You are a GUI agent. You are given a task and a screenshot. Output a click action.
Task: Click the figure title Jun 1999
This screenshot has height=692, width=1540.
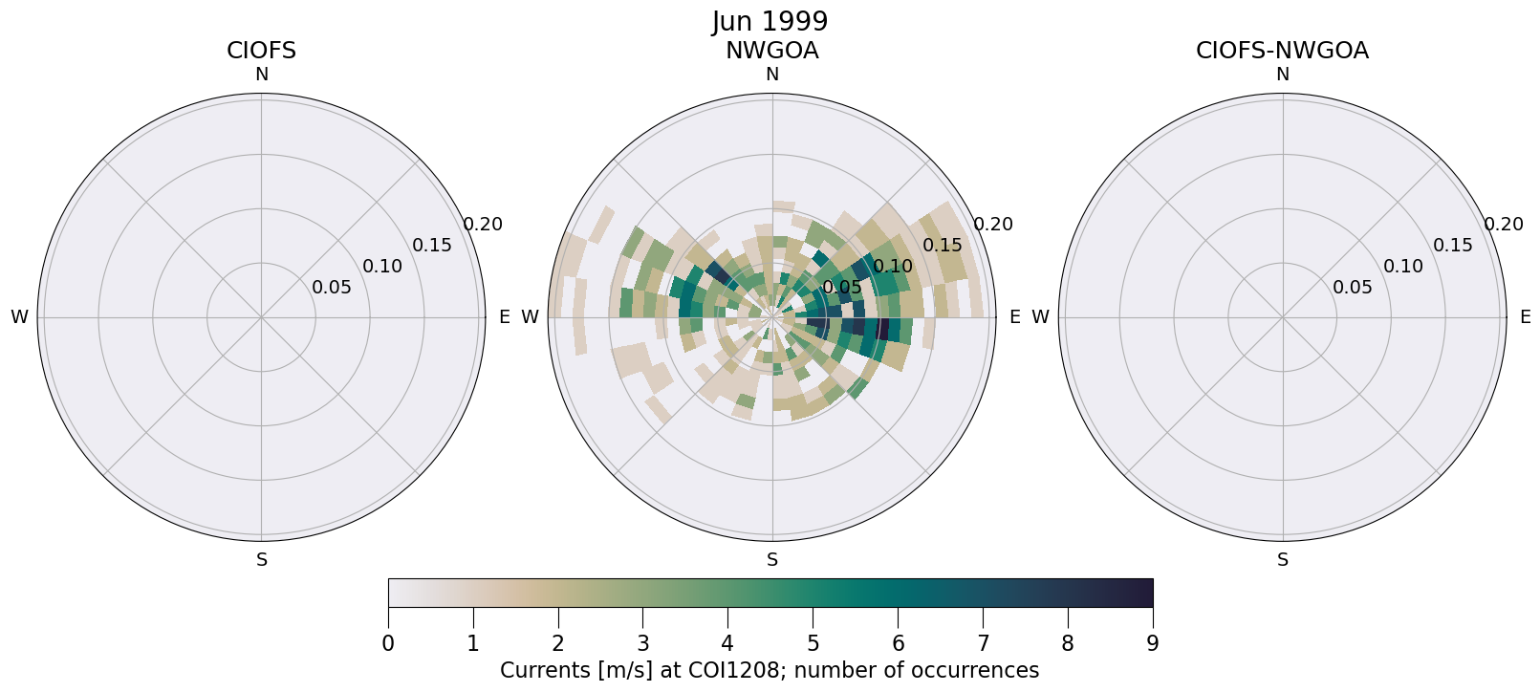tap(770, 22)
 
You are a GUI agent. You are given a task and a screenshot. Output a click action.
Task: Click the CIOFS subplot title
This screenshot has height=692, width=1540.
tap(261, 51)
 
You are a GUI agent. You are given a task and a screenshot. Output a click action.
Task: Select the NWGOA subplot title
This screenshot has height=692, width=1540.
tap(771, 51)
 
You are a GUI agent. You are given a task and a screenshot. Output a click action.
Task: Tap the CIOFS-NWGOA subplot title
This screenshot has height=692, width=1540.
tap(1282, 51)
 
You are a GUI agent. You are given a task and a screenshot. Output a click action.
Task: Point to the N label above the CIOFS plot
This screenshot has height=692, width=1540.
tap(261, 75)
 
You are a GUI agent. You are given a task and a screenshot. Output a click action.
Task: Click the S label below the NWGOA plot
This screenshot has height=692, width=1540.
tap(771, 560)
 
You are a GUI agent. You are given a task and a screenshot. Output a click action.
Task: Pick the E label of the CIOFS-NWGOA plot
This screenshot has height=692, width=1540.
tap(1526, 317)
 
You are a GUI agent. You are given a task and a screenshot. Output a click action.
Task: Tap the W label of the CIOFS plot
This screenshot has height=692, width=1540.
tap(19, 317)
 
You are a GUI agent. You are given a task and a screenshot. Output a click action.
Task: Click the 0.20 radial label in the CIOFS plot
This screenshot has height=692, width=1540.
tap(483, 225)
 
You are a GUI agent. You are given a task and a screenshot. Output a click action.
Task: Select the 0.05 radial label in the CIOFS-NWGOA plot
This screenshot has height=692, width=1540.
tap(1353, 288)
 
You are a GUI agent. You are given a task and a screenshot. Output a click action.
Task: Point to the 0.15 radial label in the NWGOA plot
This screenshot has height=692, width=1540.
tap(943, 246)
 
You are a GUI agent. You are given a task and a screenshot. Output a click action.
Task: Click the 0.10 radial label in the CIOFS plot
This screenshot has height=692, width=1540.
tap(382, 267)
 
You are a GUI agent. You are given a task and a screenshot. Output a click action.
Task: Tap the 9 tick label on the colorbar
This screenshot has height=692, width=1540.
tap(1152, 644)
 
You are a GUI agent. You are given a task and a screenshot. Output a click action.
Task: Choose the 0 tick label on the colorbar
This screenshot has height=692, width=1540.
tap(388, 644)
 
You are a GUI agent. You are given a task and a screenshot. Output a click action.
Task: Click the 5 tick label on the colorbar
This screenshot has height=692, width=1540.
tap(813, 644)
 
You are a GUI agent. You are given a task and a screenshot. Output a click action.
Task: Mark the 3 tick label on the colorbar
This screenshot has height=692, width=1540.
tap(642, 644)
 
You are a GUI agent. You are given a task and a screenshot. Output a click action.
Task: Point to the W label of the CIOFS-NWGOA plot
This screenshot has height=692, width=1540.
tap(1040, 317)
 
